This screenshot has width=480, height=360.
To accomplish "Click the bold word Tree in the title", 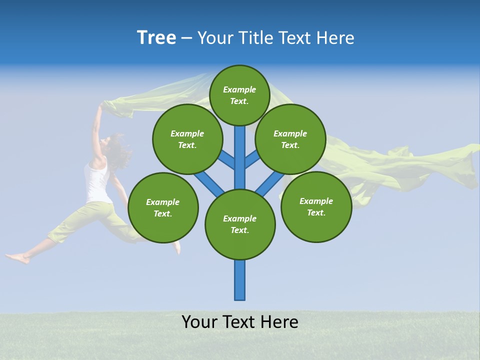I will [156, 38].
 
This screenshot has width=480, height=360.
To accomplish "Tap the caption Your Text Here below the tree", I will [240, 322].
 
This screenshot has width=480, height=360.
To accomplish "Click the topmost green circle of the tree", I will [239, 95].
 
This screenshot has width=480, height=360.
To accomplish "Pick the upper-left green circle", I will [187, 139].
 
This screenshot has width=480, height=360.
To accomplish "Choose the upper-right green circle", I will [290, 139].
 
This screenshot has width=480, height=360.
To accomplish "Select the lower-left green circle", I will [163, 207].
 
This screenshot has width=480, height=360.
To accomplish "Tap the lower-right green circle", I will [316, 206].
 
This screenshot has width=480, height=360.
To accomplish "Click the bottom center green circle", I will [240, 224].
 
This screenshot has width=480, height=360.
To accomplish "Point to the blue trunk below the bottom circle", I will [240, 280].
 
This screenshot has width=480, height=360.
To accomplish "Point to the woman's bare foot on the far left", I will [18, 258].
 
